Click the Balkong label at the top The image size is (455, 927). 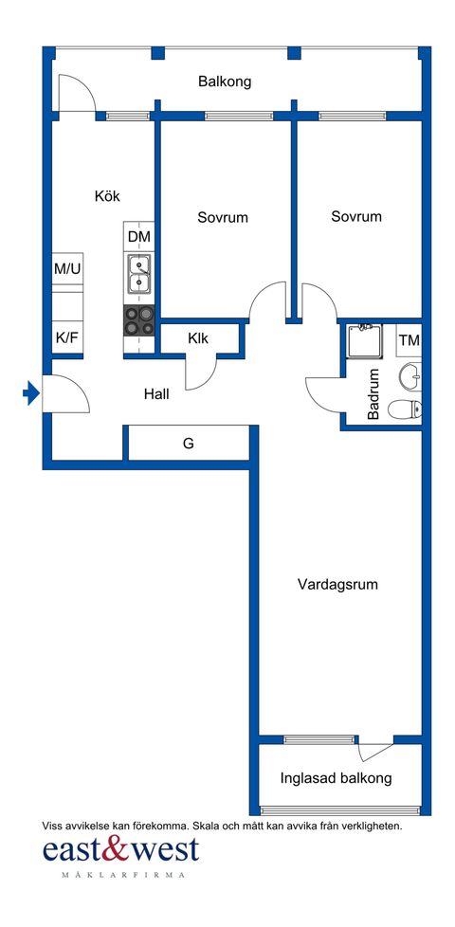pos(225,82)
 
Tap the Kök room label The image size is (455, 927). pos(107,196)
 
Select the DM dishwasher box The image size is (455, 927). pos(139,236)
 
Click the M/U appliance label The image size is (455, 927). pos(67,269)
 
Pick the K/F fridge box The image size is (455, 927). pos(67,337)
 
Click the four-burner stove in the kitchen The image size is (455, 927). pos(139,321)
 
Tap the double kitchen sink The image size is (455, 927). pos(139,273)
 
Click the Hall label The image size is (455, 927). pos(156,393)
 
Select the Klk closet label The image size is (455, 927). pos(198,338)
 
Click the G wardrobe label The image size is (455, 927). pos(189,443)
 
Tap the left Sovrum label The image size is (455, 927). pos(223,217)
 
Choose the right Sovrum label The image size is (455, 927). pos(356,216)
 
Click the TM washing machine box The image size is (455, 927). pos(409,340)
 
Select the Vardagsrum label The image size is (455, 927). pos(337,584)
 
